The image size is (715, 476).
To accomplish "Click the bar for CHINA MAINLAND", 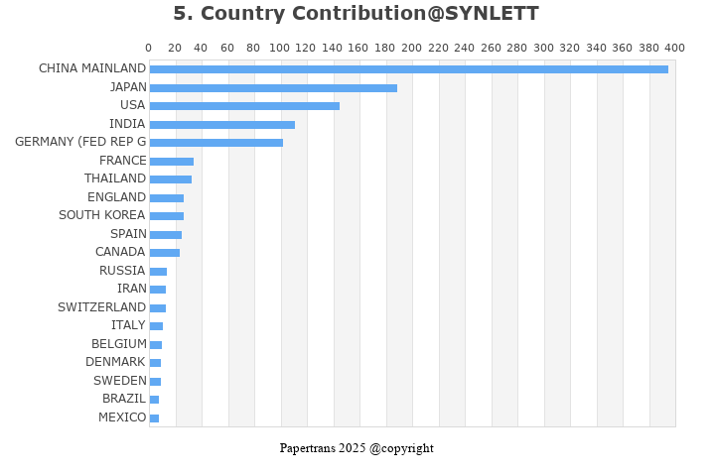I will (408, 69).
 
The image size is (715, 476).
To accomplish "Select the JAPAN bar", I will (273, 88).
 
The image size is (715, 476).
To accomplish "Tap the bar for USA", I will (244, 106).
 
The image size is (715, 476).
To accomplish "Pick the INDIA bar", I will (221, 125).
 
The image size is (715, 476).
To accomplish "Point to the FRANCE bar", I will (171, 162).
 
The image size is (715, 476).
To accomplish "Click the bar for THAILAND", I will (170, 179).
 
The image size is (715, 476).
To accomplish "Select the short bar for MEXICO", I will (154, 418).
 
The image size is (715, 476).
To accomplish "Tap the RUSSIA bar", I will (158, 272).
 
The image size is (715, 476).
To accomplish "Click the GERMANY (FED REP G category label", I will (80, 142).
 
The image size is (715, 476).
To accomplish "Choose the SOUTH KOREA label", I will (101, 215).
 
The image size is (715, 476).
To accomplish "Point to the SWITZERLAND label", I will (101, 307).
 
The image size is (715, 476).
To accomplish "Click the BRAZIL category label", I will (124, 399).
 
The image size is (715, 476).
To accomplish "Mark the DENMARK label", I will (115, 362).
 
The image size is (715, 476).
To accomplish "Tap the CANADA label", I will (120, 252).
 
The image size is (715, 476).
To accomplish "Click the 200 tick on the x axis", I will (412, 48).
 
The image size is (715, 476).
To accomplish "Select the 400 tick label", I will (675, 48).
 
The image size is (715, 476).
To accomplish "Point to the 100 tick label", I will (280, 48).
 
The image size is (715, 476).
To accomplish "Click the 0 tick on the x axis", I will (149, 48).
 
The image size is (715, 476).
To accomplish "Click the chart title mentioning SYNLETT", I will (356, 14).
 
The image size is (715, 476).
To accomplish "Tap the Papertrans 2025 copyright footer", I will (357, 448).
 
